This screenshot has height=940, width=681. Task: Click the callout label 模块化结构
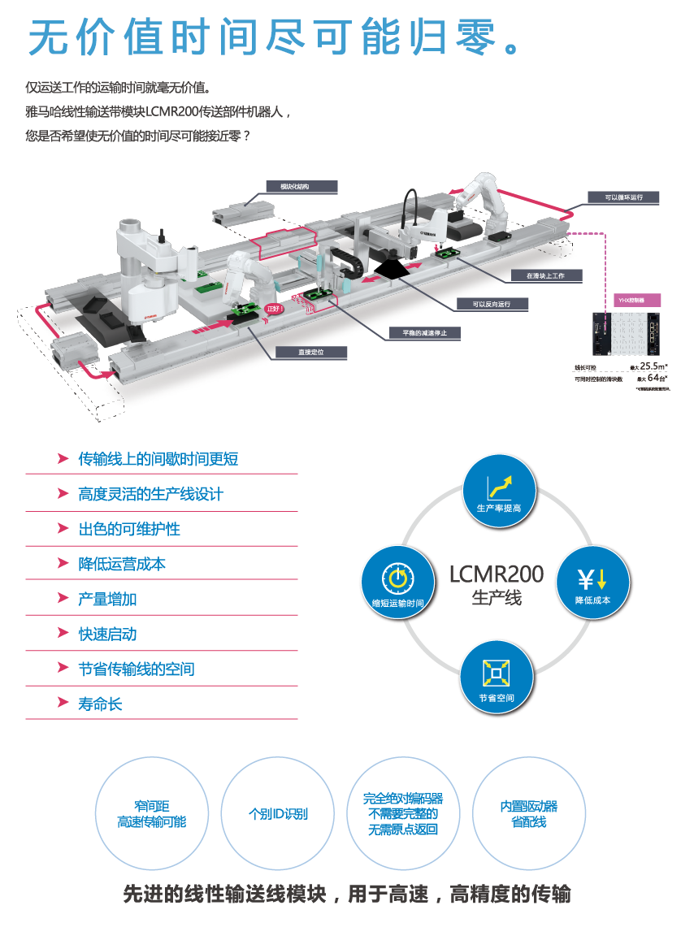pyautogui.click(x=301, y=187)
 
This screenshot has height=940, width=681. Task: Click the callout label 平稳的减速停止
pyautogui.click(x=419, y=332)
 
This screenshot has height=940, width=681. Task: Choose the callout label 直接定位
pyautogui.click(x=311, y=353)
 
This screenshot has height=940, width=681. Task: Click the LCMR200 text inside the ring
pyautogui.click(x=497, y=574)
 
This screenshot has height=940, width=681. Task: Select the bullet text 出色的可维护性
pyautogui.click(x=129, y=529)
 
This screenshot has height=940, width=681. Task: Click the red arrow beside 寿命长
pyautogui.click(x=63, y=704)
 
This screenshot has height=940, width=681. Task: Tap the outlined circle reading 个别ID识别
pyautogui.click(x=278, y=813)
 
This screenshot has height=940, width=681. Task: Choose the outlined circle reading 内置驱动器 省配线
pyautogui.click(x=529, y=814)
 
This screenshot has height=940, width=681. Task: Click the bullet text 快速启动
pyautogui.click(x=107, y=634)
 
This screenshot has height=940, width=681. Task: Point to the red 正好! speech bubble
pyautogui.click(x=276, y=310)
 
